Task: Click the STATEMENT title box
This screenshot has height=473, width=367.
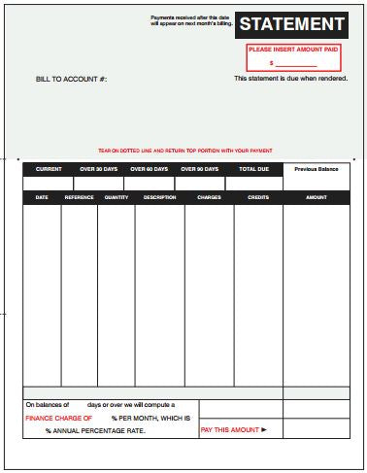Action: (291, 25)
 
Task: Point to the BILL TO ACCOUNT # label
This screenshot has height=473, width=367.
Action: (71, 79)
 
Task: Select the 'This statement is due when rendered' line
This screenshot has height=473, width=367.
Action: (289, 78)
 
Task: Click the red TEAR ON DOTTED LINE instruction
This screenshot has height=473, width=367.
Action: (185, 151)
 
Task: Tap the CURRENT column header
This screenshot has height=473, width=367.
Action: (49, 169)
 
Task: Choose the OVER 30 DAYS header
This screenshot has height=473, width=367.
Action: (99, 169)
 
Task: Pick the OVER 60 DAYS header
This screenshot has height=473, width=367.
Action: (150, 169)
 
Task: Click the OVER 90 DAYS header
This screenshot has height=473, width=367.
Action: (200, 169)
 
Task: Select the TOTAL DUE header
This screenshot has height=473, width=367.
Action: (253, 169)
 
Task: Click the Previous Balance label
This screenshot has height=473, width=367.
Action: (317, 169)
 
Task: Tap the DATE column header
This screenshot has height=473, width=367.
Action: (42, 197)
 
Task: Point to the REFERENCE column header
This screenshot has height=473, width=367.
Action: (80, 197)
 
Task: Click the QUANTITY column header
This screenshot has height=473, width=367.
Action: (117, 197)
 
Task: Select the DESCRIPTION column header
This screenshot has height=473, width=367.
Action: (159, 197)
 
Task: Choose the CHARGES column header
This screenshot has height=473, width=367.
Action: (209, 197)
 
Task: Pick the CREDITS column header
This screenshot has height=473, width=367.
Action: (258, 197)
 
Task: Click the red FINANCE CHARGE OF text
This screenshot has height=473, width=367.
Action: (59, 418)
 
